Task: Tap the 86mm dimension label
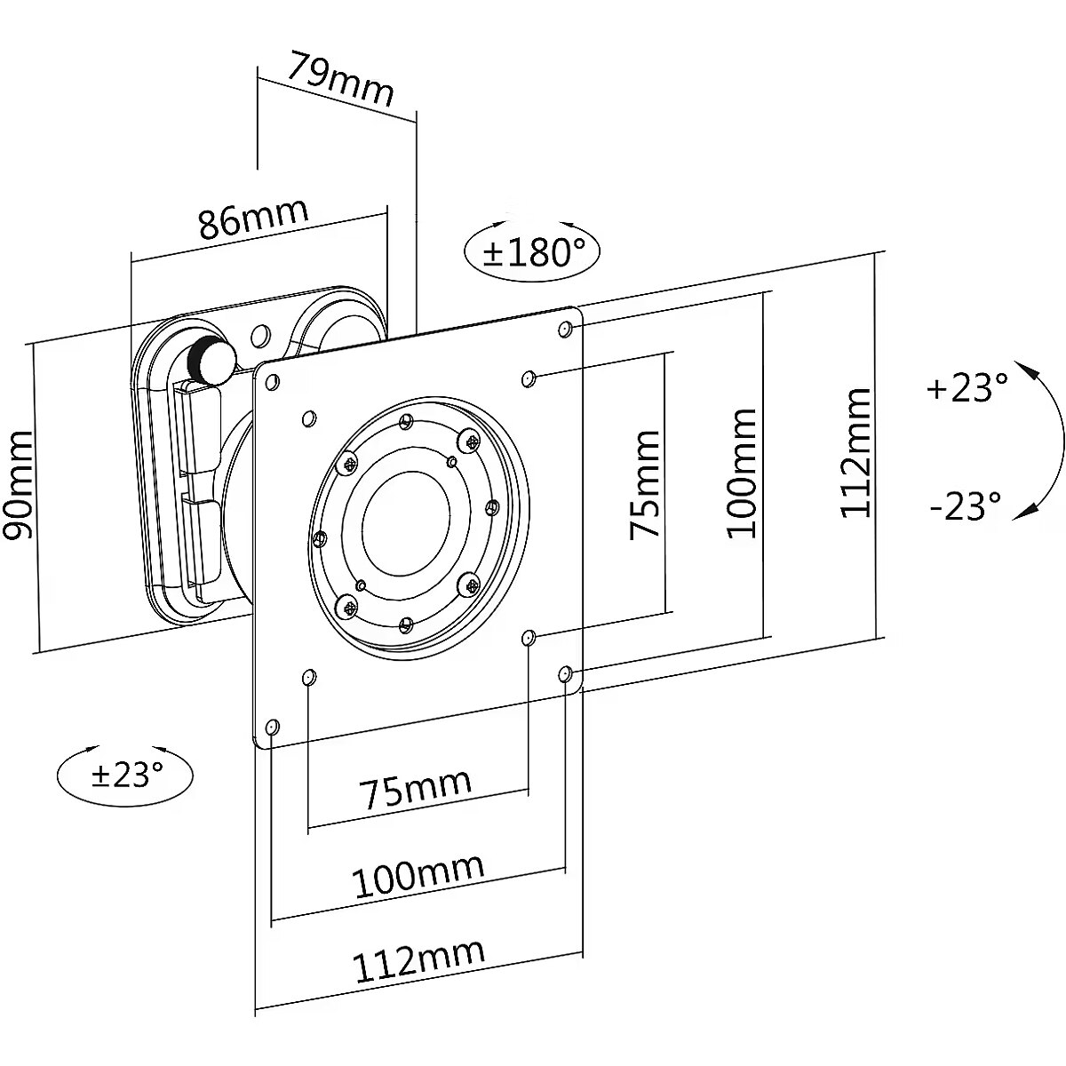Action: click(253, 219)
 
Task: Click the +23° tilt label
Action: click(967, 388)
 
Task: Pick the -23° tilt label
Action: click(966, 506)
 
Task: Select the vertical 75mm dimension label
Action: click(646, 483)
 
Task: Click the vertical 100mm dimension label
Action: click(742, 473)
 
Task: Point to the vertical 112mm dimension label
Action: click(856, 453)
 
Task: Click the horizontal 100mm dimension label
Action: click(419, 875)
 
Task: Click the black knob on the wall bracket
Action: click(211, 359)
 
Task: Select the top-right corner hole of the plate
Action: click(564, 330)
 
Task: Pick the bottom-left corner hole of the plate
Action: click(272, 728)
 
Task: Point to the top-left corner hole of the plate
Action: click(271, 382)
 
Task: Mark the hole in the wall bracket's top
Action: click(260, 336)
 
